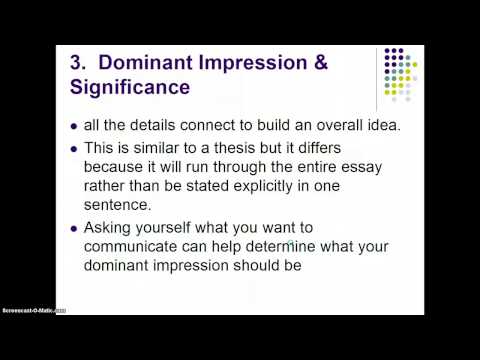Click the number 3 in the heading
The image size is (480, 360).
point(77,61)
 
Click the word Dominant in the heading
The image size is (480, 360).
point(156,61)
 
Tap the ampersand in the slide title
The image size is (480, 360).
point(321,61)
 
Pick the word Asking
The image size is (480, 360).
point(109,229)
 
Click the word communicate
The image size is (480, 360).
point(132,248)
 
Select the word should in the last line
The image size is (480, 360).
point(249,267)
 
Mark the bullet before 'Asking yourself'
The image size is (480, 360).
point(74,230)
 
